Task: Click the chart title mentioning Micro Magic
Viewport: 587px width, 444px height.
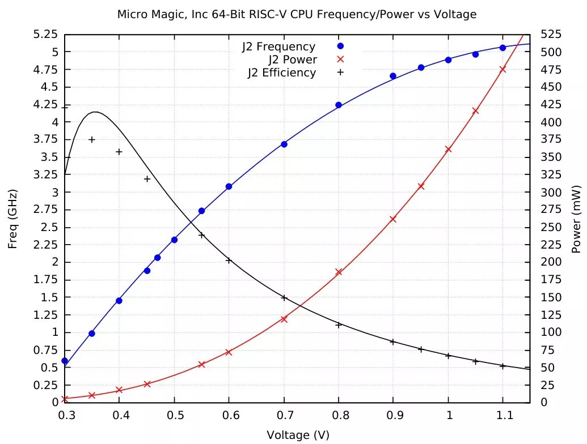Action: (297, 13)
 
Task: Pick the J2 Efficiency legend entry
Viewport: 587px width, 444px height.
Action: (281, 72)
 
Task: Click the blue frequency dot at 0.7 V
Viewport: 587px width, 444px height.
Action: (284, 144)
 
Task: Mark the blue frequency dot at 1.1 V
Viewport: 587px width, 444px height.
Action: (502, 48)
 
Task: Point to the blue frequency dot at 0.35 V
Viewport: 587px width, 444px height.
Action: (92, 334)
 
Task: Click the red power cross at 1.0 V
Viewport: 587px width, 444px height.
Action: (448, 150)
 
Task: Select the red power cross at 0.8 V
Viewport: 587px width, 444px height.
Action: (339, 272)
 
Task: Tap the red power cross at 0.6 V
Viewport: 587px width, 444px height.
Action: (229, 352)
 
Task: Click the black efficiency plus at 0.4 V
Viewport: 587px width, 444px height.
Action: (119, 152)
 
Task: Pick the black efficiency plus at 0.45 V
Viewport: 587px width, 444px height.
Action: (147, 179)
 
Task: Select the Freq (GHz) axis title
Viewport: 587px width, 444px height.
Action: (12, 218)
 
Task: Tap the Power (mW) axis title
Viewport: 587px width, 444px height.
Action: (577, 218)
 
